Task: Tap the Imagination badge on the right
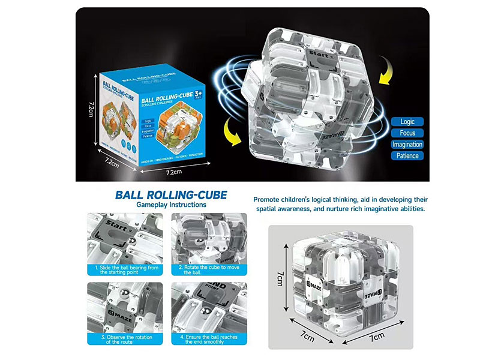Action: click(x=407, y=144)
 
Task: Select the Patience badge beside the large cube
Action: click(x=407, y=156)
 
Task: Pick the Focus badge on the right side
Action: click(x=407, y=133)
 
